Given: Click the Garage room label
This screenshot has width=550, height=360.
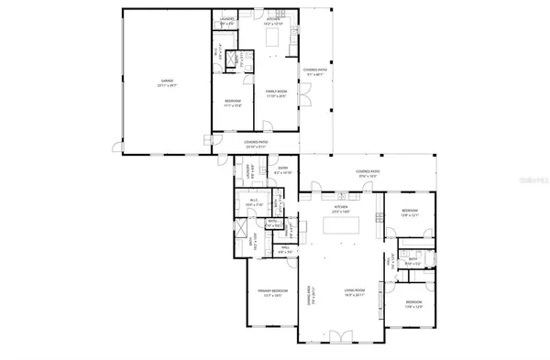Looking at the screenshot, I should (x=167, y=82).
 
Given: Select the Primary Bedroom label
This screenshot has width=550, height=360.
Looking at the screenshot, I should (x=263, y=290).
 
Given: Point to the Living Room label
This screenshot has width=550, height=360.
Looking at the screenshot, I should (x=355, y=290).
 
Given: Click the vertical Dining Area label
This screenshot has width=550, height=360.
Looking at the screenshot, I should (x=311, y=295).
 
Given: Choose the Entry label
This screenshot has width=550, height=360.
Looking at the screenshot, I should (x=283, y=168).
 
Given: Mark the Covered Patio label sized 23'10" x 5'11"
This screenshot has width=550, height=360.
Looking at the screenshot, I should (x=256, y=142).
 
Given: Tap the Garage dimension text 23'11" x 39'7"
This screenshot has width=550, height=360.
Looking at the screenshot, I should (x=167, y=87).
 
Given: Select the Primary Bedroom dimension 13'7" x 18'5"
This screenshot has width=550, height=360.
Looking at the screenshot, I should (x=263, y=296).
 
